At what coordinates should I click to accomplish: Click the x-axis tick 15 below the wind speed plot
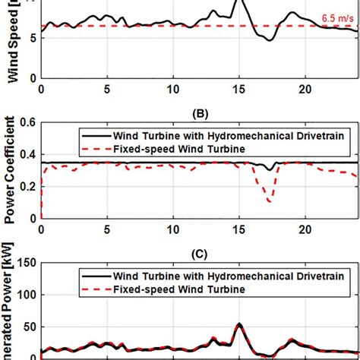(240, 90)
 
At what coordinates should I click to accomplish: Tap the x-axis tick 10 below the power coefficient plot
(174, 229)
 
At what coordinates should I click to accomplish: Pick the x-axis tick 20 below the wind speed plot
(306, 90)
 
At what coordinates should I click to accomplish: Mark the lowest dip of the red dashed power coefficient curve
(270, 201)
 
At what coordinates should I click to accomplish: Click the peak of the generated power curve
(240, 324)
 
